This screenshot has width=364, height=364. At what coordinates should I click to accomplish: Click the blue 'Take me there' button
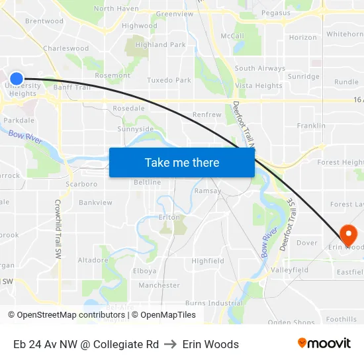coord(182,162)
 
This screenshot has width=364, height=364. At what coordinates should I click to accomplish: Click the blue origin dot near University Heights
coord(17,79)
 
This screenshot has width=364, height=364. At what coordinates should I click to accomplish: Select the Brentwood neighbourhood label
coord(44,21)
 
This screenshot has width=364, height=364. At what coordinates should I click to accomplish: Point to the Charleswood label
coord(66,48)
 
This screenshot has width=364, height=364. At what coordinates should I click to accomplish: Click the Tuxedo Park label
coord(169,80)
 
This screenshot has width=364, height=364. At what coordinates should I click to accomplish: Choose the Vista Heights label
coord(259,86)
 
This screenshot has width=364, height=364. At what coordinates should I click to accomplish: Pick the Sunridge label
coord(304,77)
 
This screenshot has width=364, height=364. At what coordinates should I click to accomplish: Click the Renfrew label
coord(206,114)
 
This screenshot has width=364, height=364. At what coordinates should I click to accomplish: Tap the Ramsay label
coord(207,191)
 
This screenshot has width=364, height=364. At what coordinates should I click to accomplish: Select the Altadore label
coord(93,260)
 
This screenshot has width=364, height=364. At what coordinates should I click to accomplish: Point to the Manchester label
coord(159,285)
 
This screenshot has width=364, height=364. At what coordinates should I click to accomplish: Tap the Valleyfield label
coord(290,270)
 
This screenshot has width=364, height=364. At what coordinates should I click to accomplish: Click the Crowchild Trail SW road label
coord(58,228)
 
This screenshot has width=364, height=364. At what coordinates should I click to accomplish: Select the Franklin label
coord(311,126)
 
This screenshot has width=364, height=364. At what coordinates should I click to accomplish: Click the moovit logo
coord(324,343)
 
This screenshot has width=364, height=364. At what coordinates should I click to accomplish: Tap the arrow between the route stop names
coord(171,344)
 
